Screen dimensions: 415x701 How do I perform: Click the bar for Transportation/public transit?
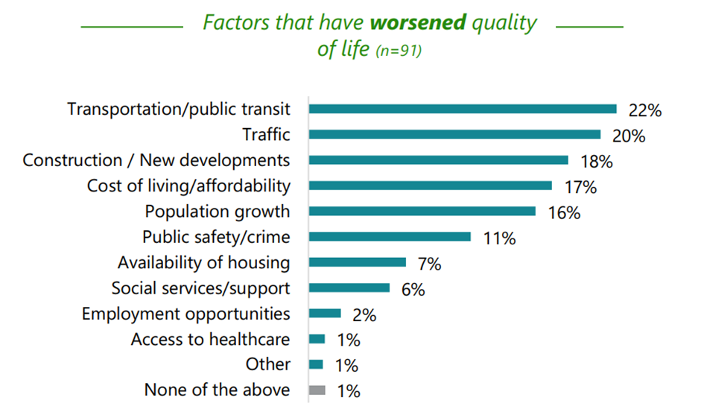(x=463, y=109)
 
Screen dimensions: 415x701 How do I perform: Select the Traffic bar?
(x=454, y=134)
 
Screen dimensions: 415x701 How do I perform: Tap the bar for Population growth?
(x=422, y=211)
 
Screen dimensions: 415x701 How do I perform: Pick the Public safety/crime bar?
(x=390, y=236)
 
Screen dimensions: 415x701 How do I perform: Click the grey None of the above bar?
(x=317, y=390)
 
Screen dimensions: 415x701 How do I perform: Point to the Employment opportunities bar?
(x=325, y=314)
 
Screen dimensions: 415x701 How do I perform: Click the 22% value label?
(x=644, y=110)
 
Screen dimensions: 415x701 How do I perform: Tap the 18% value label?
(x=596, y=162)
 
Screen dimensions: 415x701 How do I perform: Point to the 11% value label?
(x=498, y=238)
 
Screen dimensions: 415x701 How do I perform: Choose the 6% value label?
(x=413, y=290)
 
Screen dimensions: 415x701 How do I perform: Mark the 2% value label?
(x=364, y=315)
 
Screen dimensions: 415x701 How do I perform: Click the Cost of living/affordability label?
(x=188, y=186)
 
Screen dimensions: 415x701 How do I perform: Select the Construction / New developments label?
(x=156, y=160)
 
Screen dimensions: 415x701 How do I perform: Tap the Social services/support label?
(x=200, y=288)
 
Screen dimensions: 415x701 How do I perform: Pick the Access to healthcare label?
(x=210, y=340)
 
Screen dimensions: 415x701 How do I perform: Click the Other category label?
(x=267, y=364)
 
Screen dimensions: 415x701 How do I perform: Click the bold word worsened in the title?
(x=418, y=22)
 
